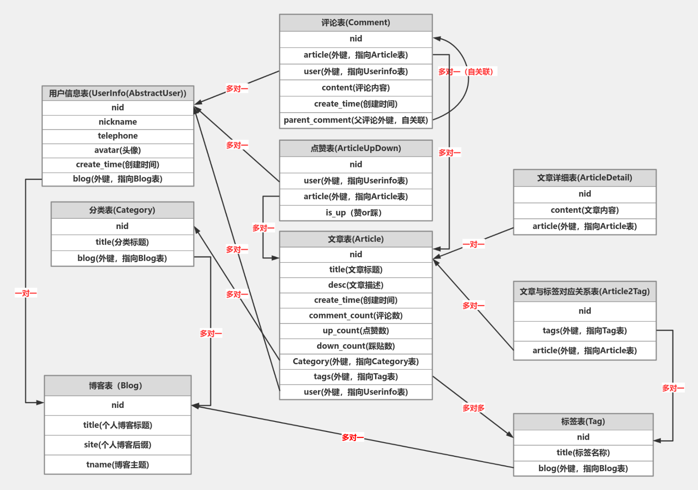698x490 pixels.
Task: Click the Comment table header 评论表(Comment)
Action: pos(356,23)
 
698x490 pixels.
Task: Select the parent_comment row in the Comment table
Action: pos(356,120)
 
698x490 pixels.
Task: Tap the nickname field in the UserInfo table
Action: pos(118,122)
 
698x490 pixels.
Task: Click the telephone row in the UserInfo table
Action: pos(118,136)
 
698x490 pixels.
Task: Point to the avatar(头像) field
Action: pos(118,150)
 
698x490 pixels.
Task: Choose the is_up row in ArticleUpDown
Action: pos(353,213)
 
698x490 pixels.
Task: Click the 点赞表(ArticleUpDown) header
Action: pos(356,149)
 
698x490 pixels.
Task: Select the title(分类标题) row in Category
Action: pos(122,242)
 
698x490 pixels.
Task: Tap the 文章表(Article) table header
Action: pos(356,239)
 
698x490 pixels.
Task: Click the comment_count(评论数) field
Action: pos(356,316)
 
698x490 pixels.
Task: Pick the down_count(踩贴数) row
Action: pos(356,346)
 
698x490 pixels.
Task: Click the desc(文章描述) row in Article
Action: pos(356,285)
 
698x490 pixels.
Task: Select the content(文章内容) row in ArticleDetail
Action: pos(585,210)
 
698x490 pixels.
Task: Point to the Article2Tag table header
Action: pos(585,292)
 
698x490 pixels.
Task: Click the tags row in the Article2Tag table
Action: pos(585,331)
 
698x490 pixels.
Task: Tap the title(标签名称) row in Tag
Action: pos(583,453)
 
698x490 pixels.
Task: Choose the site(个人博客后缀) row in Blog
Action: pos(118,445)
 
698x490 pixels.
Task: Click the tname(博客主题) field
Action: pos(118,465)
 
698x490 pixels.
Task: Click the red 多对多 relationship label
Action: pos(473,408)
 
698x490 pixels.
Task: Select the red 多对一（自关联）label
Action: pos(467,72)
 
